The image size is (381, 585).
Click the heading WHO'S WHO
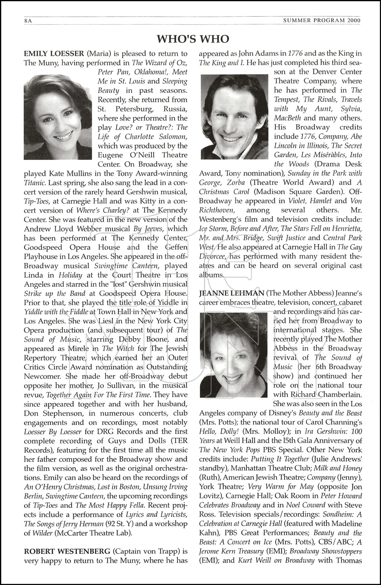[193, 39]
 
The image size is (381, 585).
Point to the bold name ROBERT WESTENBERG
[67, 551]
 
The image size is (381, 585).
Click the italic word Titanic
[36, 182]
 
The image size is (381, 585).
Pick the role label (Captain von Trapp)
[146, 551]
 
